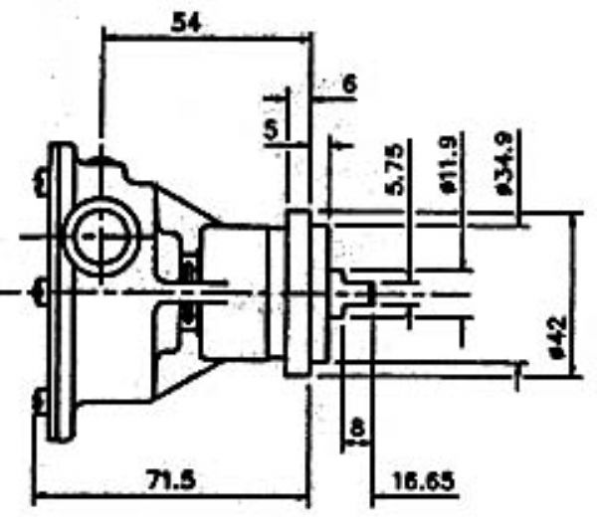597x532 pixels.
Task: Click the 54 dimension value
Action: pyautogui.click(x=185, y=22)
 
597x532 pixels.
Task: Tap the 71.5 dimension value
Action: pyautogui.click(x=171, y=480)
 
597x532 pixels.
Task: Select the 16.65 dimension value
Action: pyautogui.click(x=423, y=480)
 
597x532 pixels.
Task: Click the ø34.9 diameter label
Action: pyautogui.click(x=505, y=164)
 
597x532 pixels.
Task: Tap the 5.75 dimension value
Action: pyautogui.click(x=393, y=169)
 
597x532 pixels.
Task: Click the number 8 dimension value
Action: pyautogui.click(x=357, y=428)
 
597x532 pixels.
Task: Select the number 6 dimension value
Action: pyautogui.click(x=350, y=84)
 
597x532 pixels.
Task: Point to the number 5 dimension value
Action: pyautogui.click(x=271, y=129)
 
